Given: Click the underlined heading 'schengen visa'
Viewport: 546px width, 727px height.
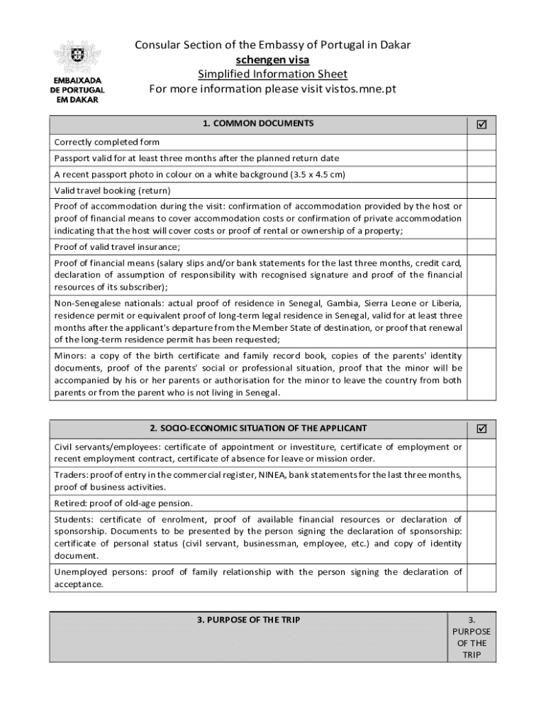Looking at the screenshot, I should pos(272,60).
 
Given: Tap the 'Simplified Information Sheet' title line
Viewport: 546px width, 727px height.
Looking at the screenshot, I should pos(272,75).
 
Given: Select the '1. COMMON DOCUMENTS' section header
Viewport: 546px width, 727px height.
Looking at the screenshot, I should pos(257,124).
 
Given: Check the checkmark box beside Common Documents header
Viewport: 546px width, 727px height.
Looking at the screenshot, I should pos(481,124).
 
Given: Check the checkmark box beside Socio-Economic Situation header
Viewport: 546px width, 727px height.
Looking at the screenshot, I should pos(481,429).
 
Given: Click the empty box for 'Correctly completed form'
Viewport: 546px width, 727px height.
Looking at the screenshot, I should pos(481,142).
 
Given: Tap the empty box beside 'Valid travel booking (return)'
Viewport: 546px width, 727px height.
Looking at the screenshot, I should pos(481,190).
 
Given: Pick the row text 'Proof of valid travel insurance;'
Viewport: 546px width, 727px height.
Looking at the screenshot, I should pos(117,247).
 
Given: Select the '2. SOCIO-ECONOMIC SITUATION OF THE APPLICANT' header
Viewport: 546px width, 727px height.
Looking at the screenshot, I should pos(257,428).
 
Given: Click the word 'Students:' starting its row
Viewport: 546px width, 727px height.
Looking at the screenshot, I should pos(74,520).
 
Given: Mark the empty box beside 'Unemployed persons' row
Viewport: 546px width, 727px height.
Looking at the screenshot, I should pos(481,578).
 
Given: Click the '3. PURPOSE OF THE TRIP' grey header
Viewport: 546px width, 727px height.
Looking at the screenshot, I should pos(248,620).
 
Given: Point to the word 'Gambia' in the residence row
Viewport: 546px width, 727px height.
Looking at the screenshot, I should pos(341,303).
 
